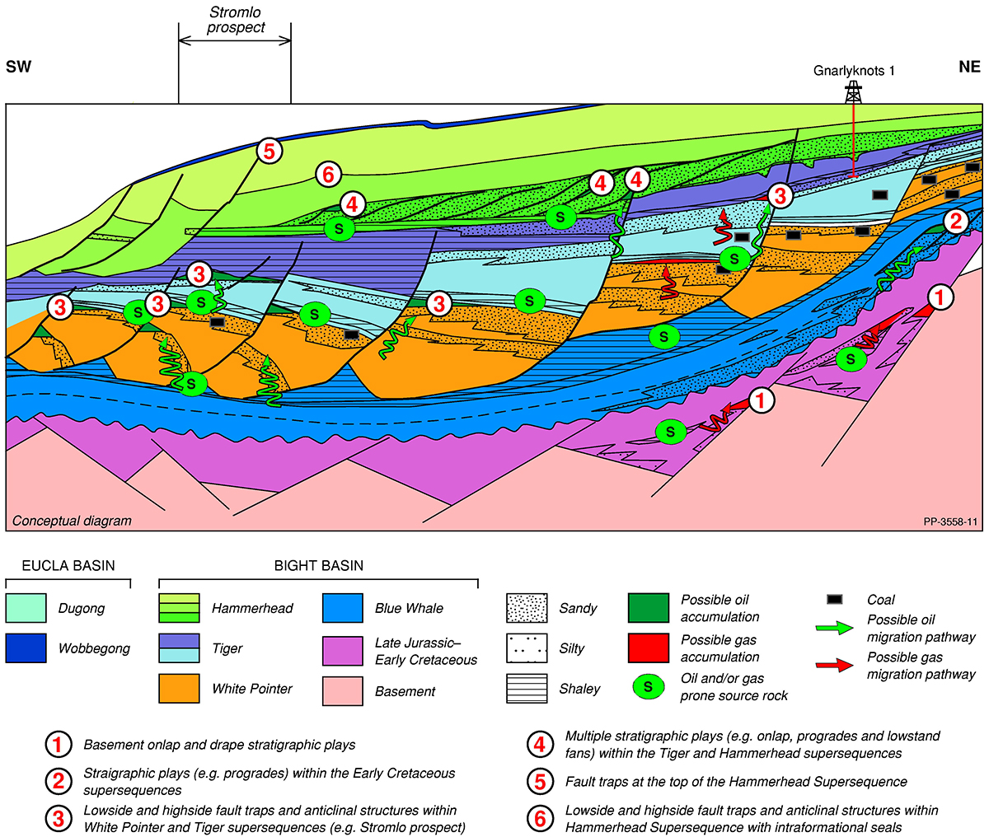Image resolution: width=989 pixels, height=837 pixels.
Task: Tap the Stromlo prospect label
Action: tap(236, 20)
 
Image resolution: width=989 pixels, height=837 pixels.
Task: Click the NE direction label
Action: tap(969, 67)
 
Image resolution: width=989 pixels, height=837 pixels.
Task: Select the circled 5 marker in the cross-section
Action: tap(269, 151)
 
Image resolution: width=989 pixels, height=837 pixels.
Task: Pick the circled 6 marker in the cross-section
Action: tap(327, 174)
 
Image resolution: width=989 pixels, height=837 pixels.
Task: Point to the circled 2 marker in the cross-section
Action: tap(955, 221)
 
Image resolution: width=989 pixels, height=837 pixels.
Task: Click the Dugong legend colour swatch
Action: tap(26, 609)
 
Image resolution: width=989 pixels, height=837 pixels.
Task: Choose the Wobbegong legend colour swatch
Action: tap(26, 648)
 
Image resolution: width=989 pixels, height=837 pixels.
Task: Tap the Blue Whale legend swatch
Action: tap(342, 609)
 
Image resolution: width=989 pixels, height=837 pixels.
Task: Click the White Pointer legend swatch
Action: tap(179, 689)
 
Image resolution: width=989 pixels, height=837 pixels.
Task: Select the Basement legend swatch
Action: tap(342, 690)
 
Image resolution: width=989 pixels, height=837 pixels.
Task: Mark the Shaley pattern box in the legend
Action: tap(527, 689)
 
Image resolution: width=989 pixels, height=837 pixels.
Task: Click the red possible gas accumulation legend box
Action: tap(648, 648)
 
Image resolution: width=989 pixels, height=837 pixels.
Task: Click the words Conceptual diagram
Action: tap(72, 521)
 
